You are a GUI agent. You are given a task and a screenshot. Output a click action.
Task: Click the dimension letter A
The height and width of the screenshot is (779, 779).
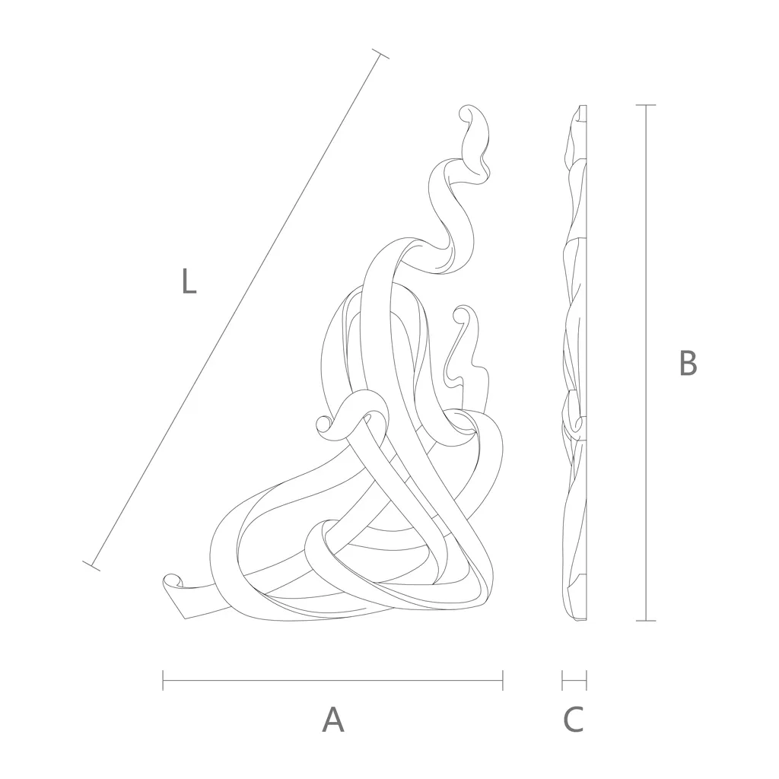333,720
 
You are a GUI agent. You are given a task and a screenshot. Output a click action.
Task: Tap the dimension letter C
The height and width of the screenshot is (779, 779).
574,720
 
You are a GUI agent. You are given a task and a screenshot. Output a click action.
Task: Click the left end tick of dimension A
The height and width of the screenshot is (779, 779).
163,680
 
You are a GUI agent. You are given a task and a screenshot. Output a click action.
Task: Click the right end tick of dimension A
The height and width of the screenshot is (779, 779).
503,680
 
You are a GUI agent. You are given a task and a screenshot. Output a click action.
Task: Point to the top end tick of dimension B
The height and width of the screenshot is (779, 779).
646,105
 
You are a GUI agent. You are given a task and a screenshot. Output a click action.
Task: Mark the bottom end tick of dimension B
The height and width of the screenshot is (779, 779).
646,621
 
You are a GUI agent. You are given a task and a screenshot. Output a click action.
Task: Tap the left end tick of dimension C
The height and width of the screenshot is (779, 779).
562,680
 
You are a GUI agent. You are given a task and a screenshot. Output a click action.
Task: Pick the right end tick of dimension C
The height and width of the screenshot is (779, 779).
587,680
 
